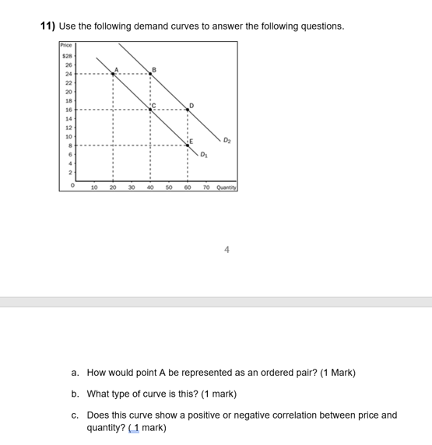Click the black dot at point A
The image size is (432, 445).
point(113,74)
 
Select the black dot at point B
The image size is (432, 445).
point(150,74)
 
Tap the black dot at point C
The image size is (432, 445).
point(150,110)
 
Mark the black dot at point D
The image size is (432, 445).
point(188,110)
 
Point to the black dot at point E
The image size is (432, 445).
point(188,145)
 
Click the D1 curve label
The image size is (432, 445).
point(203,155)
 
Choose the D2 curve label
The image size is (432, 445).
point(227,140)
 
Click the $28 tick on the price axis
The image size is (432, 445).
point(67,56)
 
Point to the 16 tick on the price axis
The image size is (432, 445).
point(68,110)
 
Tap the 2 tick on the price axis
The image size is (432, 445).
point(70,172)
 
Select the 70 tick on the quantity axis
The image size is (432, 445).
point(206,187)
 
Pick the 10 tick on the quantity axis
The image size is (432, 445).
point(94,187)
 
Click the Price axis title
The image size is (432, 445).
point(67,46)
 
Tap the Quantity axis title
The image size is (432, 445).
point(227,187)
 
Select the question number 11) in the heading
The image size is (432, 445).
point(48,26)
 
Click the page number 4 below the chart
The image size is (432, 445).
point(227,250)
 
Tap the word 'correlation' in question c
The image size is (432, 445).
point(286,415)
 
